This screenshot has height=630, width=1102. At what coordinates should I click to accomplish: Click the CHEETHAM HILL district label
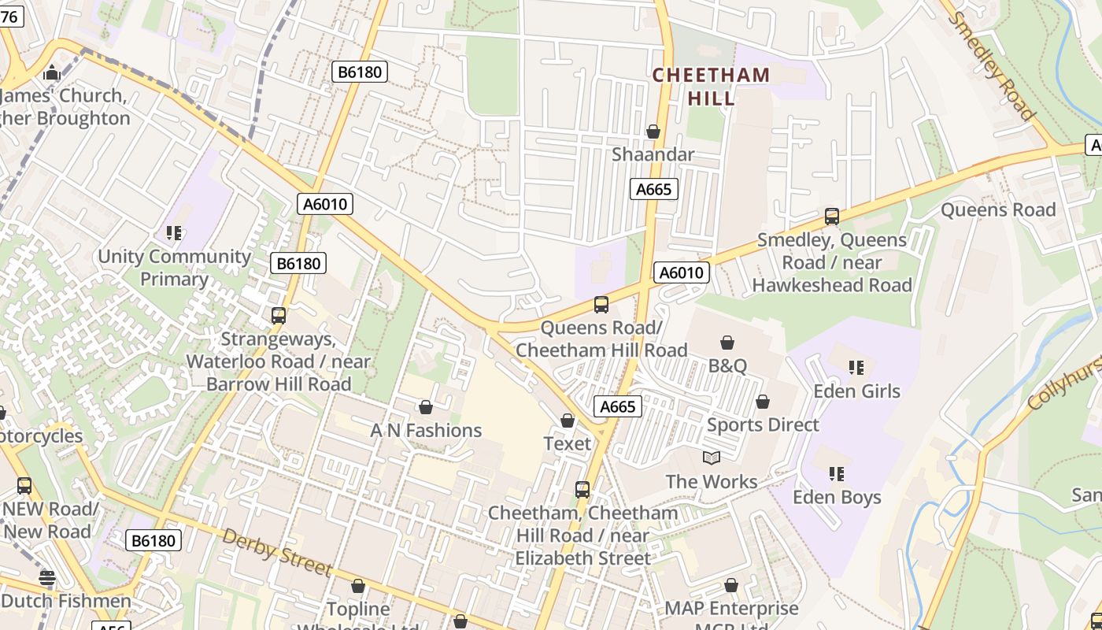point(711,87)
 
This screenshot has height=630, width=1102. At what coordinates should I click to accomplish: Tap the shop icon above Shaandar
point(653,132)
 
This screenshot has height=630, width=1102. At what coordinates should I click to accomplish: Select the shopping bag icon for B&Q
point(727,343)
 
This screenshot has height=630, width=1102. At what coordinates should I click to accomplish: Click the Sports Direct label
point(763,424)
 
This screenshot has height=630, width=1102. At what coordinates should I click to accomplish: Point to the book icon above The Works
point(712,458)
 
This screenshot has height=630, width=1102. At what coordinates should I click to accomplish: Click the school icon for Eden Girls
point(856,367)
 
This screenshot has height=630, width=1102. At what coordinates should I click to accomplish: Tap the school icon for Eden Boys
point(836,473)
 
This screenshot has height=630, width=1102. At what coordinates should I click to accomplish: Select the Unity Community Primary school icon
point(174,233)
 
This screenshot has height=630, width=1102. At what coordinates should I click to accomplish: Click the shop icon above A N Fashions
point(426,407)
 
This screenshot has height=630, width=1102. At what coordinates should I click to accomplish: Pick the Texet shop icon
point(567,421)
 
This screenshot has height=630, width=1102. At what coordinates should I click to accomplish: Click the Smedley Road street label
point(992,66)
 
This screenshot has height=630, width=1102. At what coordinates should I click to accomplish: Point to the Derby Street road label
point(275,552)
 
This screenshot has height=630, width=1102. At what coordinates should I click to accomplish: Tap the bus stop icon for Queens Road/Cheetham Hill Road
point(601,304)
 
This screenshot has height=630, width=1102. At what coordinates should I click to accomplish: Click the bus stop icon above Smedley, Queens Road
point(832,217)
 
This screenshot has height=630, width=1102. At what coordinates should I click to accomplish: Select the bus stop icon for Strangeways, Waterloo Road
point(278,316)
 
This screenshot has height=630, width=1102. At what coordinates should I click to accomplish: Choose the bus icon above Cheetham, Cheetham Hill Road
point(582,489)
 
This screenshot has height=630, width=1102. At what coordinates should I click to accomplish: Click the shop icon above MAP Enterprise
point(731,585)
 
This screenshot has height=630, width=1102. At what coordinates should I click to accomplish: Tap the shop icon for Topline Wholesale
point(358,587)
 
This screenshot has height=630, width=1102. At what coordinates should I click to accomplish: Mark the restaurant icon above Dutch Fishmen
point(47,579)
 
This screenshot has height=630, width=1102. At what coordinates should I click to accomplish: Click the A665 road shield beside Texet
point(617,406)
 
